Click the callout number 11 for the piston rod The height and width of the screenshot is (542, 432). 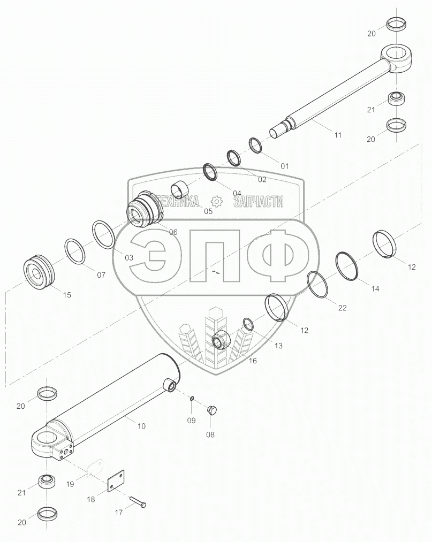point(338,135)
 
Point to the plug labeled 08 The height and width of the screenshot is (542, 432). point(211,410)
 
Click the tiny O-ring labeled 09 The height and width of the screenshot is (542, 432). point(191,399)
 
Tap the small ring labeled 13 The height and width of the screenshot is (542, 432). point(248,325)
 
